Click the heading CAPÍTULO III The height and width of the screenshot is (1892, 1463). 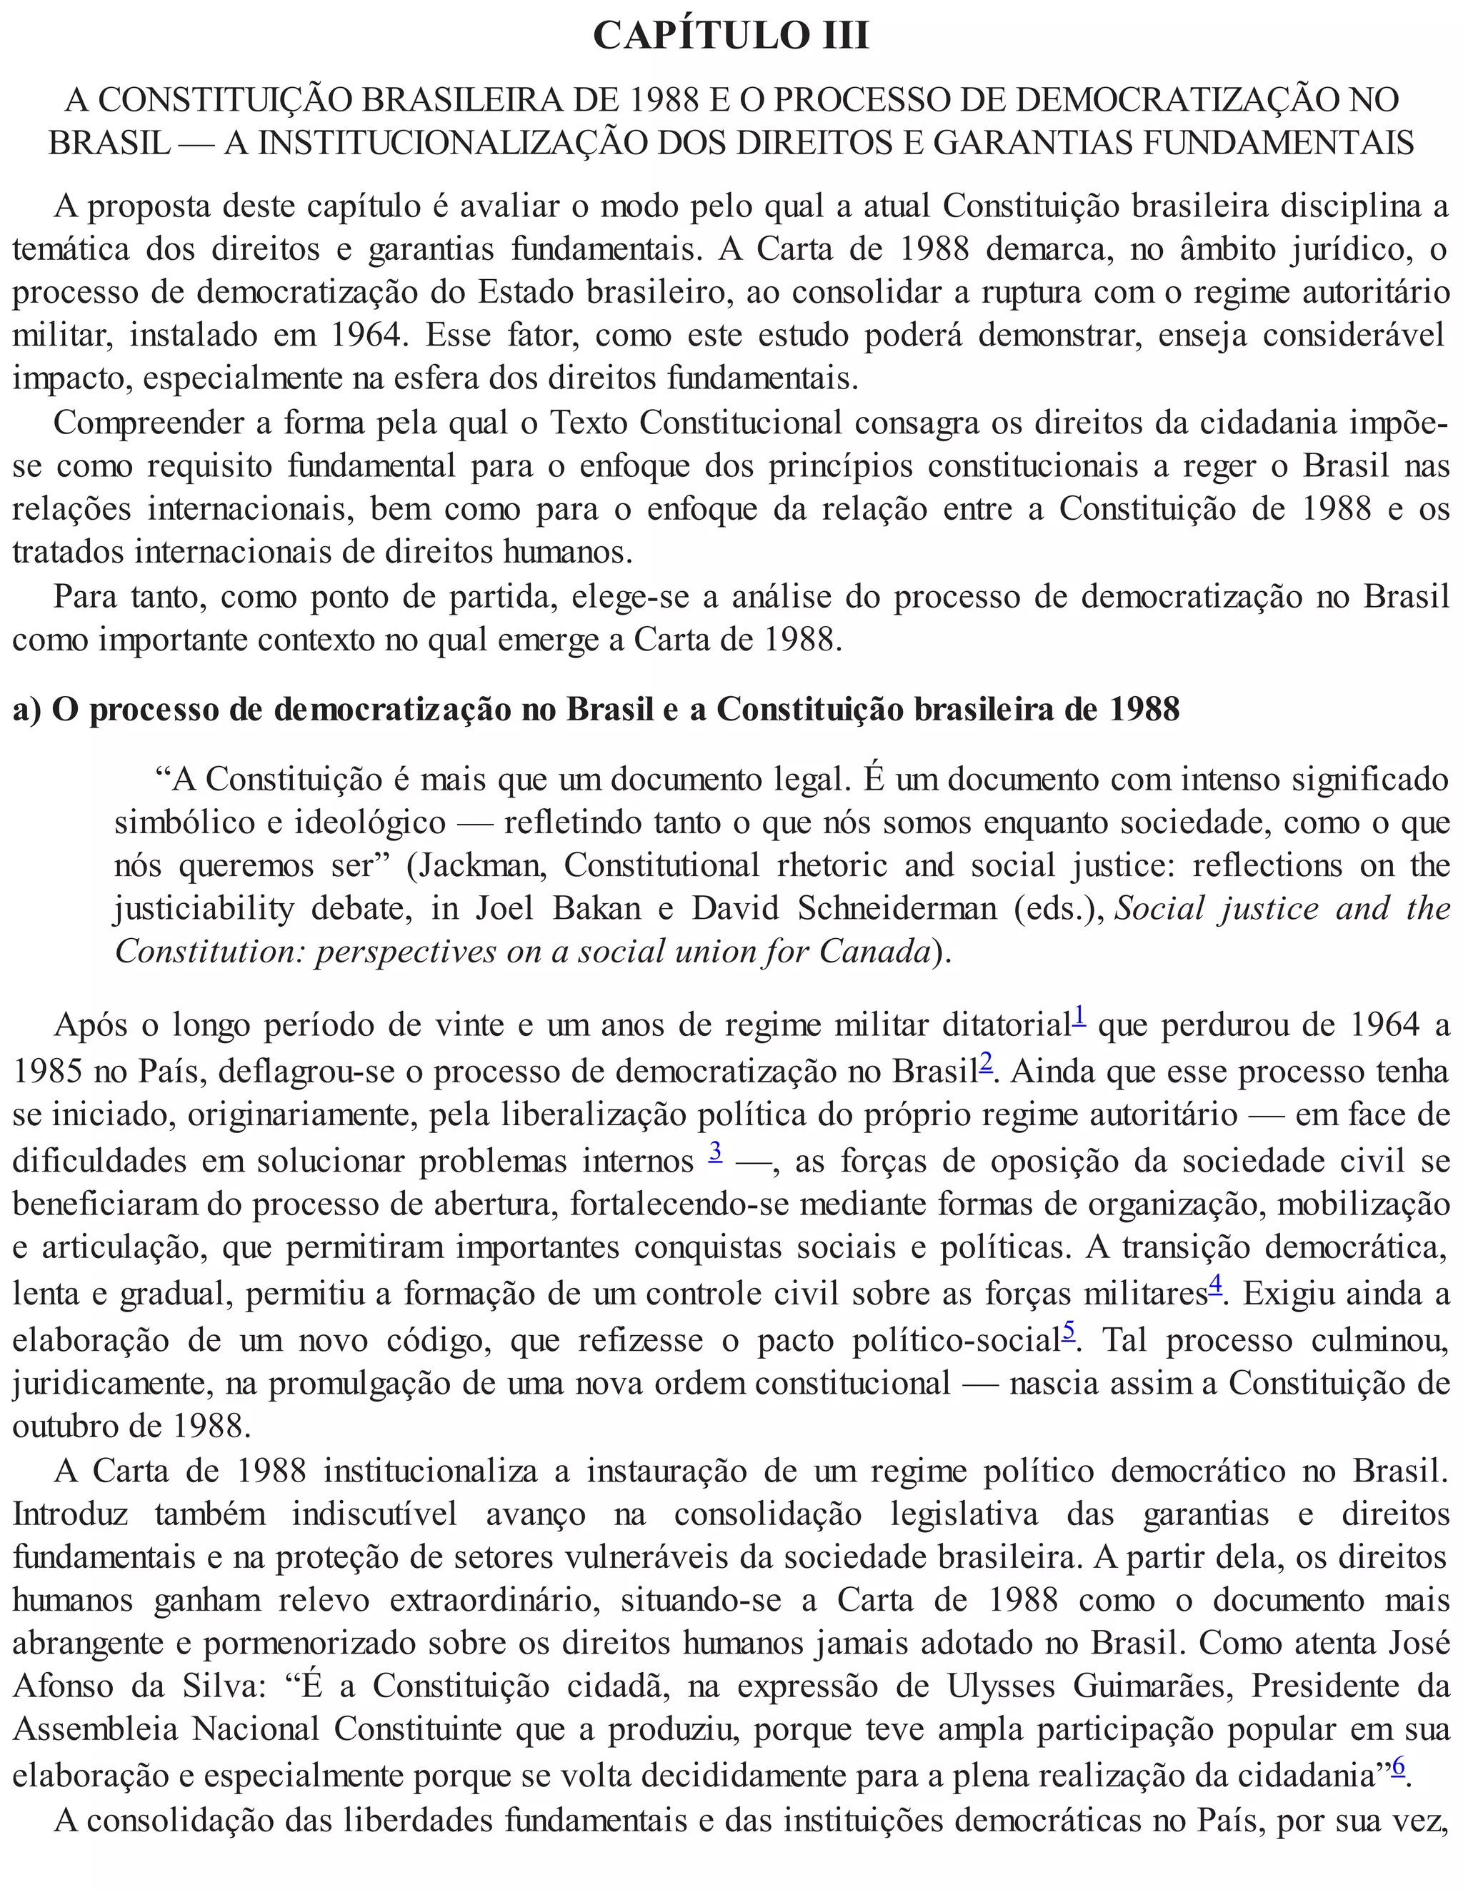(731, 36)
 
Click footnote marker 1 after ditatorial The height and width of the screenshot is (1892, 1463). (1079, 1015)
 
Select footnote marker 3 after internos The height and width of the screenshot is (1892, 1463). (715, 1152)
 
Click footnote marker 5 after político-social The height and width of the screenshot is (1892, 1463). (1069, 1331)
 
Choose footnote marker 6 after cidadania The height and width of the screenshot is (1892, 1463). (1398, 1763)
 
